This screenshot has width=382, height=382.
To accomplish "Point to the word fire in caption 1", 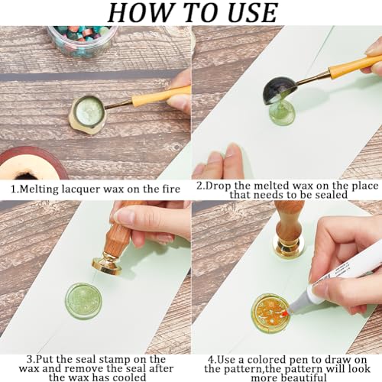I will click(x=167, y=188).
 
